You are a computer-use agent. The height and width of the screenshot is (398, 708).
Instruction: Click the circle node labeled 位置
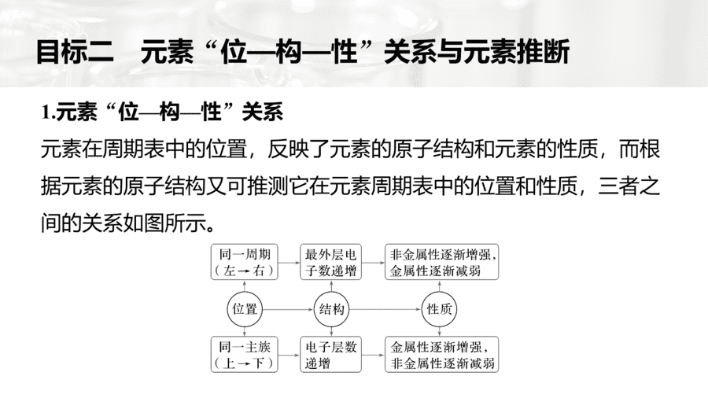click(245, 309)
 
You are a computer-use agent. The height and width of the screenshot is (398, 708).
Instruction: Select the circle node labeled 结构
click(331, 309)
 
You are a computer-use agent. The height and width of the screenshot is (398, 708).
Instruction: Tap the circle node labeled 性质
click(439, 309)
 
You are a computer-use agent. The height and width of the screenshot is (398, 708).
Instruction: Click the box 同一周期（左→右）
click(245, 262)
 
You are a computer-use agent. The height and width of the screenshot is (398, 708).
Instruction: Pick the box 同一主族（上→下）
click(245, 355)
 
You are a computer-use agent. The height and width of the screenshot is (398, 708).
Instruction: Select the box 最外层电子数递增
click(331, 262)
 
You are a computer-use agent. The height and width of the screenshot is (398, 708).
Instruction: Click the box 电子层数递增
click(331, 355)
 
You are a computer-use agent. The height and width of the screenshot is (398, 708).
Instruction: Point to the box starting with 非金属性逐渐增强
click(442, 262)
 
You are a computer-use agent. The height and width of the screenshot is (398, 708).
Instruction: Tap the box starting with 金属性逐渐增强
click(442, 355)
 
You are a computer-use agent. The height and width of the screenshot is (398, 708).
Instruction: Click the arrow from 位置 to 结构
click(288, 310)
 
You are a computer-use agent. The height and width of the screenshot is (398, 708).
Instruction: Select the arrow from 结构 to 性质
click(385, 310)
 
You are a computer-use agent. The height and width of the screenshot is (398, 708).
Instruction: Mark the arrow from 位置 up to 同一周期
click(245, 286)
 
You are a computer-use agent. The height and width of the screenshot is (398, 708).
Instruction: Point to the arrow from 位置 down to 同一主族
click(245, 332)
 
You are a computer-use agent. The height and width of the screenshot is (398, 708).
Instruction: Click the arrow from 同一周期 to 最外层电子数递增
click(289, 262)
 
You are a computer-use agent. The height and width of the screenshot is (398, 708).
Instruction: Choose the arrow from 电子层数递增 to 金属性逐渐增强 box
click(374, 355)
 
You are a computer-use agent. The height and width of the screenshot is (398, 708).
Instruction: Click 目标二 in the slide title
click(75, 52)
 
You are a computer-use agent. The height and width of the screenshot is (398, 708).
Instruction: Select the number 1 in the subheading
click(45, 112)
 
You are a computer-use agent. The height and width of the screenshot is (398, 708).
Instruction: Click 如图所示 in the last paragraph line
click(164, 223)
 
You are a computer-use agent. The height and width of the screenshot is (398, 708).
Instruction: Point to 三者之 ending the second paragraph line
click(629, 186)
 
